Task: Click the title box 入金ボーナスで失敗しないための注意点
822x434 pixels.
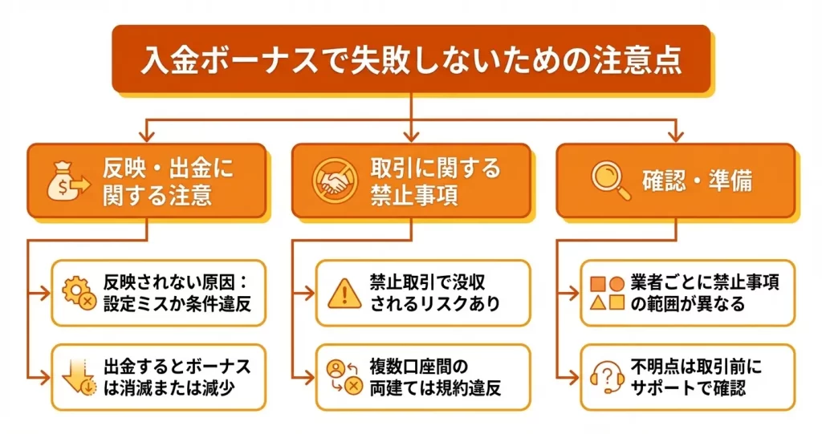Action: tap(410, 60)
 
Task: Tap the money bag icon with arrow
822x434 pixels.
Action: tap(67, 180)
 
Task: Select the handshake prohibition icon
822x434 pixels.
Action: tap(333, 180)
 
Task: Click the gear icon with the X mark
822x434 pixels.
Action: tap(78, 293)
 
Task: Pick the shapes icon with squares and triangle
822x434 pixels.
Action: tap(607, 293)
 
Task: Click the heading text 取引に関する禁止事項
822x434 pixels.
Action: tap(434, 180)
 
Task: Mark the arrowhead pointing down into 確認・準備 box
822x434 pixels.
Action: tap(675, 132)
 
